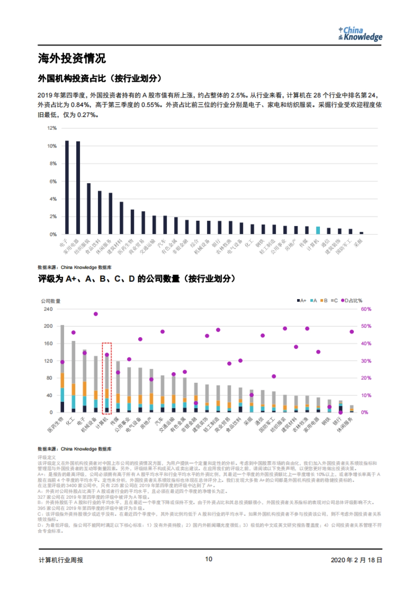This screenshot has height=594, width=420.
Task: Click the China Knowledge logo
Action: [360, 34]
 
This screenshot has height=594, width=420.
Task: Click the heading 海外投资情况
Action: [72, 58]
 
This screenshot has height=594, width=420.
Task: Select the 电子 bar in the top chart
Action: [67, 187]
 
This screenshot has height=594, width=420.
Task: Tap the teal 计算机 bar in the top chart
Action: [318, 230]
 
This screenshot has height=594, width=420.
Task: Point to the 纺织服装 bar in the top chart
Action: [89, 208]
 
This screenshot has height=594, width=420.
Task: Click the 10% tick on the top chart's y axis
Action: [52, 146]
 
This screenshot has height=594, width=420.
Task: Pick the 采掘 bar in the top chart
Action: [361, 233]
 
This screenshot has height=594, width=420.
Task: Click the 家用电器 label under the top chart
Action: [71, 247]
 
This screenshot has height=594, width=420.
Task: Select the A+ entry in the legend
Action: [301, 300]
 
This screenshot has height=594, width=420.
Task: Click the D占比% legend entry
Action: [352, 300]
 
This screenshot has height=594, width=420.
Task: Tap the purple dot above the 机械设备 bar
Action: [96, 314]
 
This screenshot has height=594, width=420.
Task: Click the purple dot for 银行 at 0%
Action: [340, 412]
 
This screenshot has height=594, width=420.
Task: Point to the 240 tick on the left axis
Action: [48, 309]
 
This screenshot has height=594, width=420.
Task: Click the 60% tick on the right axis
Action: [366, 309]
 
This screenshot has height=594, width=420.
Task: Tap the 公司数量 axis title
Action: [51, 301]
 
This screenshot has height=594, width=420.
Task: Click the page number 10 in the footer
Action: [209, 559]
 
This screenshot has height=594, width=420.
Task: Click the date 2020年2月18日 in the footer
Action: [356, 560]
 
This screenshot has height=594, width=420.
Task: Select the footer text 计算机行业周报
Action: [61, 560]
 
